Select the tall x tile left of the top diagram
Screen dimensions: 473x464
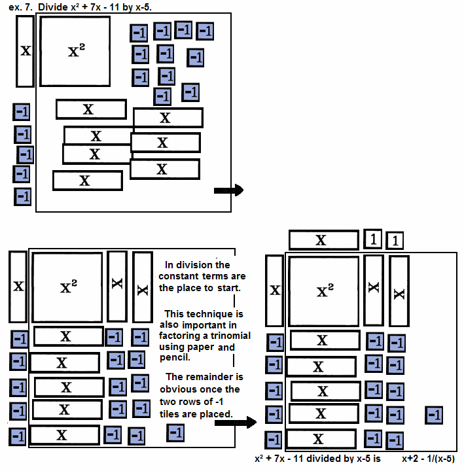coord(25,51)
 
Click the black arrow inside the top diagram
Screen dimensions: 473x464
coord(228,190)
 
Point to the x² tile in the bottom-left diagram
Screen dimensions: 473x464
coord(67,287)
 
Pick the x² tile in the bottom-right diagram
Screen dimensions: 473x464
coord(324,290)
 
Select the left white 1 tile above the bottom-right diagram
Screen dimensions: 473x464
coord(372,239)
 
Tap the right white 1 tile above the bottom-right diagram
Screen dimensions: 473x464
coord(394,241)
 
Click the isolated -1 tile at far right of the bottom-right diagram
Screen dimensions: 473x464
coord(433,415)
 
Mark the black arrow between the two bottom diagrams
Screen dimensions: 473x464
coord(235,423)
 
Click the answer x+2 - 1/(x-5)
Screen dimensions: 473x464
coord(428,459)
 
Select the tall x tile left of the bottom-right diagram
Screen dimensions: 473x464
coord(274,290)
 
